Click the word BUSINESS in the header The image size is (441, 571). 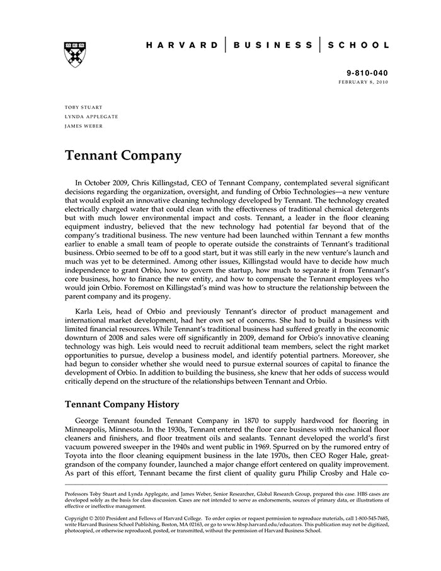272,45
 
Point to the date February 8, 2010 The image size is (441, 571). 364,82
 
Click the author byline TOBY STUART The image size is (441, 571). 84,107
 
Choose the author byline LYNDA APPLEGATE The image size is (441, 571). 91,117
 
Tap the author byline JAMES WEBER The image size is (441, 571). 84,125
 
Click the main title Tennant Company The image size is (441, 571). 123,155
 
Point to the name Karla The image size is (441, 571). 86,311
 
